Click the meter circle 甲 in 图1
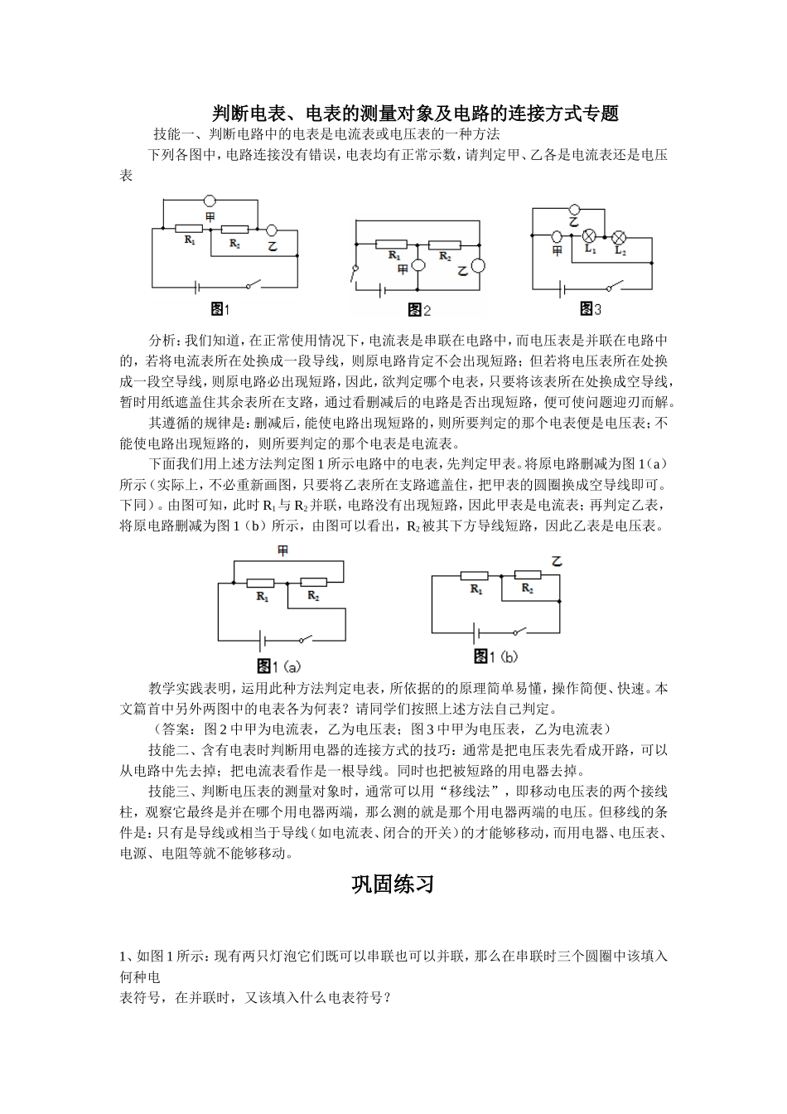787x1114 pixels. coord(210,201)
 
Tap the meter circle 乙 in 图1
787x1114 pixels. coord(270,232)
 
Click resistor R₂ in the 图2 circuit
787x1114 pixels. coord(445,245)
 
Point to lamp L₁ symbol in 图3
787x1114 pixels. coord(590,235)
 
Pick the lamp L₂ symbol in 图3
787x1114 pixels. coord(619,235)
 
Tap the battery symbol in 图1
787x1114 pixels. coord(196,287)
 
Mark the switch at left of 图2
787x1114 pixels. coord(355,274)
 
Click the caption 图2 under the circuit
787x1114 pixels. coord(420,310)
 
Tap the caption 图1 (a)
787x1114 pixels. coord(278,666)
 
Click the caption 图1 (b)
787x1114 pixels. coord(495,656)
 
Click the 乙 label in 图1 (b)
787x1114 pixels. coord(557,562)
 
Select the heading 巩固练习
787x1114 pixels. coord(393,884)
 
